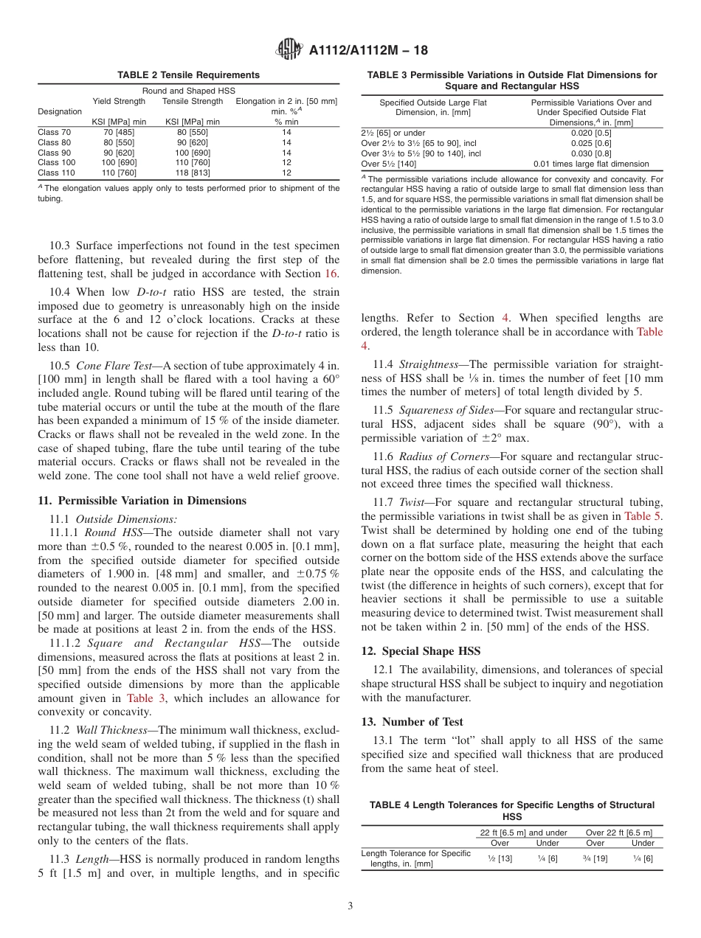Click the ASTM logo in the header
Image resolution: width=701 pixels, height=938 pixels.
click(x=289, y=50)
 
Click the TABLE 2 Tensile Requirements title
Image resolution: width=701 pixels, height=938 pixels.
click(x=188, y=75)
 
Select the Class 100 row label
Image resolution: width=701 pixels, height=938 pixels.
click(x=57, y=162)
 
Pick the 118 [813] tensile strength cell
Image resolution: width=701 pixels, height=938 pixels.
click(x=192, y=173)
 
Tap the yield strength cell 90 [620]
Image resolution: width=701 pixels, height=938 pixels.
click(x=119, y=153)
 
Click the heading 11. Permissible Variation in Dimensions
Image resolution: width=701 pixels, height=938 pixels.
click(x=142, y=501)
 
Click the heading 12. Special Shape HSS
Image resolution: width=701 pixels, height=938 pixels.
click(x=421, y=651)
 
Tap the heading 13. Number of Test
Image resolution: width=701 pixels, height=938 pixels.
click(x=412, y=721)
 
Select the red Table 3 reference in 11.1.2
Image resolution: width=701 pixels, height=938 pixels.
click(x=150, y=698)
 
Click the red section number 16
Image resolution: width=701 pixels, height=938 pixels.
click(x=333, y=274)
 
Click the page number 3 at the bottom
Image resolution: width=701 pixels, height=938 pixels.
click(x=350, y=906)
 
